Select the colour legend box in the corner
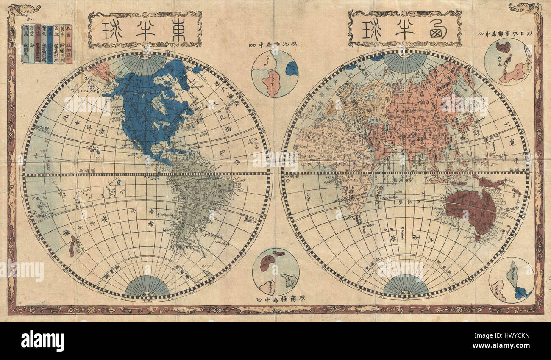click(47, 44)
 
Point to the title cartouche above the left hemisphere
click(145, 30)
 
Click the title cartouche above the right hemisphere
click(404, 29)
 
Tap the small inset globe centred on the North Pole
click(275, 74)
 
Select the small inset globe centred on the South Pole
click(275, 271)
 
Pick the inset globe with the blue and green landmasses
click(511, 280)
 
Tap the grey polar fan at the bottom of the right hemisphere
click(406, 286)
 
